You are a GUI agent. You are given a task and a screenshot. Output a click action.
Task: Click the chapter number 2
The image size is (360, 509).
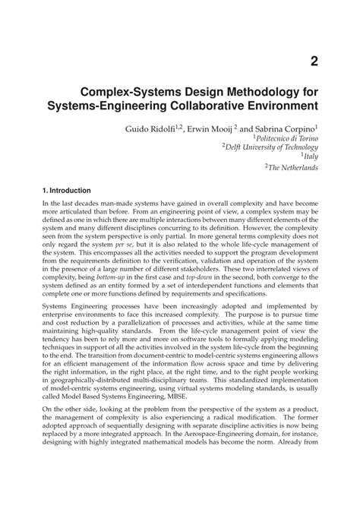pyautogui.click(x=313, y=61)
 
